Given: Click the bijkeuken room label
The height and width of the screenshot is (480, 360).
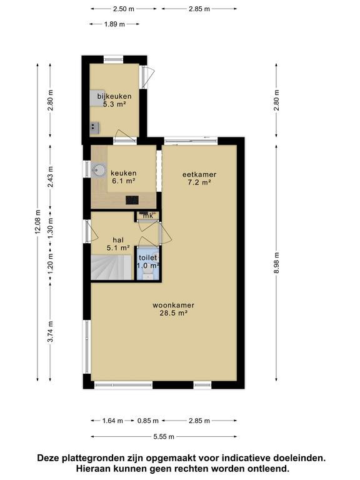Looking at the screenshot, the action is (x=114, y=100).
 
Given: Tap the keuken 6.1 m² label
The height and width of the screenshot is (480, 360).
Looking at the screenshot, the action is (x=124, y=177).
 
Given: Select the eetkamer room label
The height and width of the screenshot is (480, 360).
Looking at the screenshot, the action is (x=199, y=179).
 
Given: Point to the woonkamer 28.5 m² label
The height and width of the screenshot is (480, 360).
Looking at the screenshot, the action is (x=173, y=309).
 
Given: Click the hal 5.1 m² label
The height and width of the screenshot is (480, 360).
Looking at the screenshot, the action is (x=118, y=244).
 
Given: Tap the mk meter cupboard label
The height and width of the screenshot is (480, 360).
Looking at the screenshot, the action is (x=148, y=216).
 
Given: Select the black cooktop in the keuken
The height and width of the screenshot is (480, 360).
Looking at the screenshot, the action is (x=132, y=201).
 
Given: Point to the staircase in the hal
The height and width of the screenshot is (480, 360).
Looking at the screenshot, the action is (x=111, y=267).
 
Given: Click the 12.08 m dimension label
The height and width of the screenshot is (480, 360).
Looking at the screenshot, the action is (x=37, y=222).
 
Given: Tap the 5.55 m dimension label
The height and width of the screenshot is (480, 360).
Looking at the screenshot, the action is (x=164, y=436).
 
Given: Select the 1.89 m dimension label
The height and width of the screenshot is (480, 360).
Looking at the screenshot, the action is (x=114, y=24).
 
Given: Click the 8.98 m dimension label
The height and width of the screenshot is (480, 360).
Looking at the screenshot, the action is (x=276, y=263).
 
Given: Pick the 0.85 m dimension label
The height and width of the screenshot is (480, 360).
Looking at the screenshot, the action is (x=148, y=421).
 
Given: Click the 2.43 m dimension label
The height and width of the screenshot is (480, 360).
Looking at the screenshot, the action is (x=50, y=177).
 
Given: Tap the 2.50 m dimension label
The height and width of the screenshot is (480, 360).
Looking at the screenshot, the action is (x=124, y=9).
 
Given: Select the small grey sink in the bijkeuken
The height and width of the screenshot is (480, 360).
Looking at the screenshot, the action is (x=95, y=127).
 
